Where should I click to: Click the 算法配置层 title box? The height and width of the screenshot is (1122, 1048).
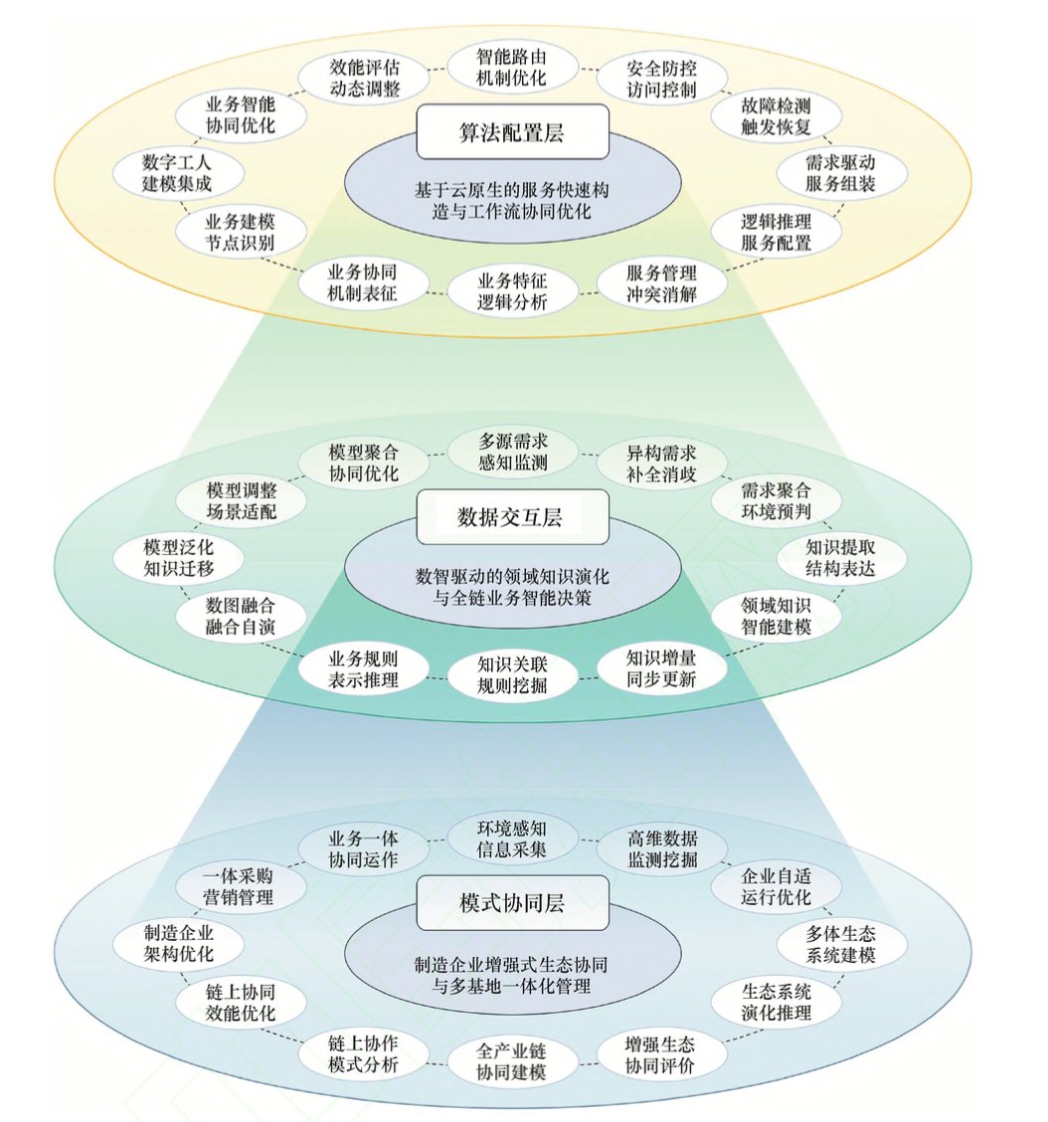click(x=512, y=131)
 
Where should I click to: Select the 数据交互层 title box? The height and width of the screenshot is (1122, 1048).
click(x=512, y=516)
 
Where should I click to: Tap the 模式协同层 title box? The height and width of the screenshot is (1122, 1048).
click(x=512, y=902)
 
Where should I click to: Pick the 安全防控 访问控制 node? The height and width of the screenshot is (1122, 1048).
click(x=661, y=80)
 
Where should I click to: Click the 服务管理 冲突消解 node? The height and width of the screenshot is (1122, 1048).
click(x=661, y=283)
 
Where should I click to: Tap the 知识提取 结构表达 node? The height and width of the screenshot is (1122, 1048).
click(x=841, y=557)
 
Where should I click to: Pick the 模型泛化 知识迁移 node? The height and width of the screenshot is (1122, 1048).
click(x=163, y=557)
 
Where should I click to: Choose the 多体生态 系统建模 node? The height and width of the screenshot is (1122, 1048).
click(x=841, y=943)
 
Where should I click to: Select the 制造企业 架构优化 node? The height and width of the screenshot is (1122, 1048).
click(x=163, y=943)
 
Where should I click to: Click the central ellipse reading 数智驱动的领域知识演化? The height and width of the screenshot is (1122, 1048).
click(x=512, y=585)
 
